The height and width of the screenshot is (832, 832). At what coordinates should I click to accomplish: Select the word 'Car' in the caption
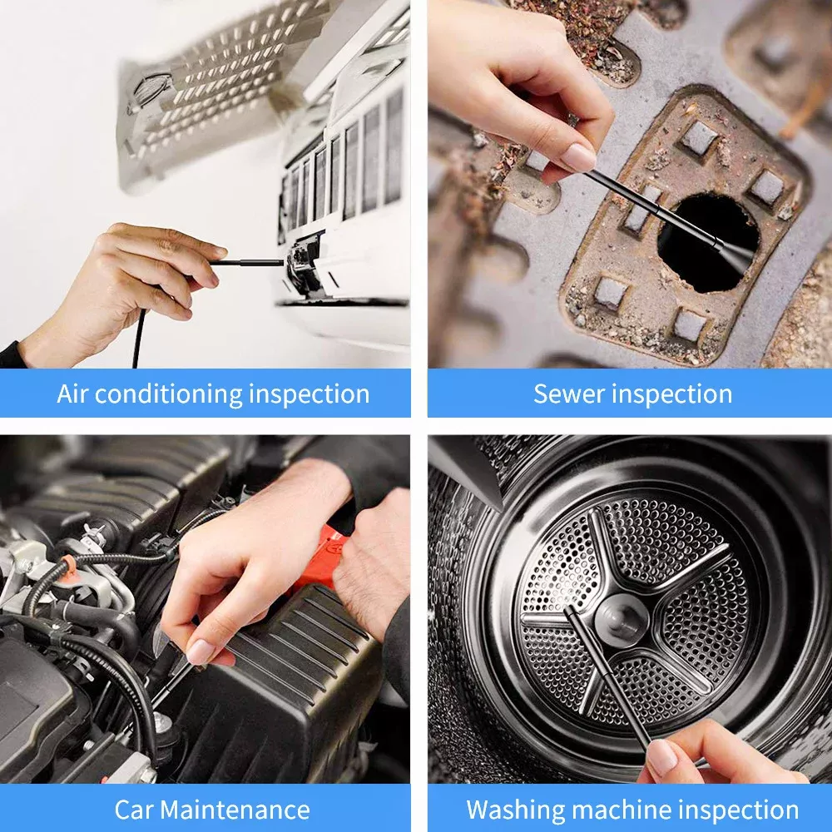pyautogui.click(x=135, y=810)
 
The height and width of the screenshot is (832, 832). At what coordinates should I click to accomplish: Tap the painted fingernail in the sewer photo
pyautogui.click(x=577, y=157)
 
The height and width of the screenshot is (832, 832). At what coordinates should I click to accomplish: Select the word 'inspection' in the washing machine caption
pyautogui.click(x=737, y=810)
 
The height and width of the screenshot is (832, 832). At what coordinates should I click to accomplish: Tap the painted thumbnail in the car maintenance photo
pyautogui.click(x=200, y=651)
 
